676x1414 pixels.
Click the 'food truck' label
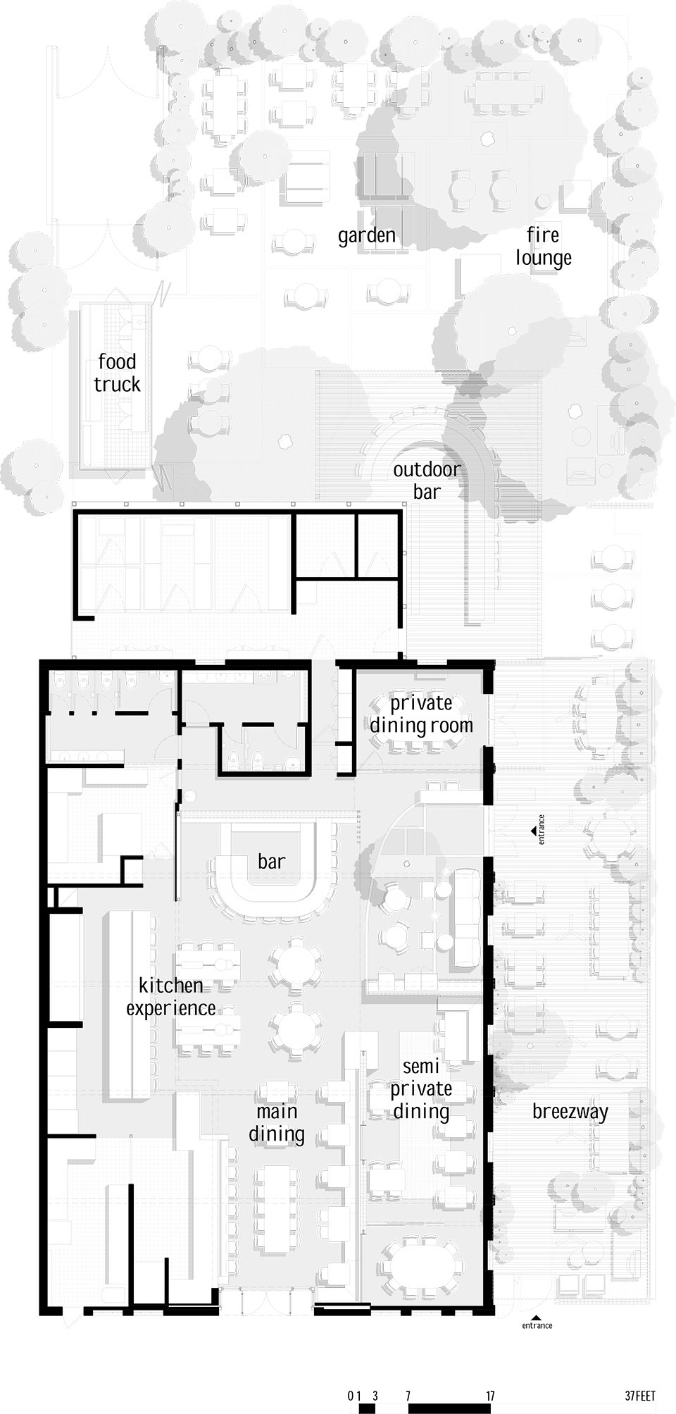coord(118,373)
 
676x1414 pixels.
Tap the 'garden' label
coord(366,235)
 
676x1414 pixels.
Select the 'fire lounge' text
coord(543,246)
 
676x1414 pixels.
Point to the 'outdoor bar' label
coord(427,480)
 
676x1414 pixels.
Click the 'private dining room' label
coord(422,713)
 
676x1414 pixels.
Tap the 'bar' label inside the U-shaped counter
coord(271,861)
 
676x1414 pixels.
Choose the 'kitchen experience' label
coord(171,996)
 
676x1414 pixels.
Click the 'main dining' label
coord(277,1122)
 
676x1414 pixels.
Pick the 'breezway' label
coord(570,1112)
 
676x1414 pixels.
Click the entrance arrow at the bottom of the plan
coord(537,1316)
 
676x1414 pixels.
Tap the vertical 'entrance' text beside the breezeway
coord(542,829)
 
